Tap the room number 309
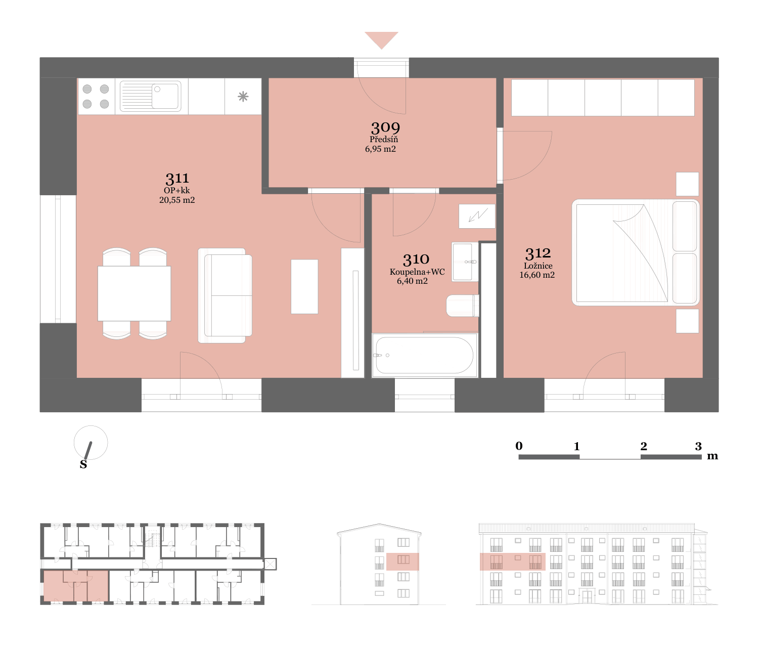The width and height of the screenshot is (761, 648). [385, 128]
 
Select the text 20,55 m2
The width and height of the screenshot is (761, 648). [177, 200]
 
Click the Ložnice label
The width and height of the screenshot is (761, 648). [538, 266]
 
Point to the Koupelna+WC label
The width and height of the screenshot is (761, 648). [417, 272]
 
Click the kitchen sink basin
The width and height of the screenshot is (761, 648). [165, 96]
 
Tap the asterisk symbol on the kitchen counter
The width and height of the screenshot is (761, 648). [243, 97]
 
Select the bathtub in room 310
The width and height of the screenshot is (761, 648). [425, 356]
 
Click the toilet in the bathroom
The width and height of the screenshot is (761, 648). [463, 306]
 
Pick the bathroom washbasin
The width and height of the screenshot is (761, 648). [465, 262]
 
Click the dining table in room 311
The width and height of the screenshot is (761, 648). [135, 293]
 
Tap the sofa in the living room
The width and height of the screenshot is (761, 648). [225, 295]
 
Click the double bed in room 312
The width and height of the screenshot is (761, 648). [636, 253]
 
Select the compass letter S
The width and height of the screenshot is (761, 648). [83, 464]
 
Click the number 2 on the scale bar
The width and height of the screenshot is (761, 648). [644, 446]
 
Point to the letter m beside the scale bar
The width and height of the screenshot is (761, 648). [712, 456]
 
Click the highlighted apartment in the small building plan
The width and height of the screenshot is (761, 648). [76, 586]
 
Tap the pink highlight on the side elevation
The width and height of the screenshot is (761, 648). [402, 562]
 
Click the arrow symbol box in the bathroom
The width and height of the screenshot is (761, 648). [477, 216]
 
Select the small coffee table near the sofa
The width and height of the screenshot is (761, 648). [304, 287]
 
